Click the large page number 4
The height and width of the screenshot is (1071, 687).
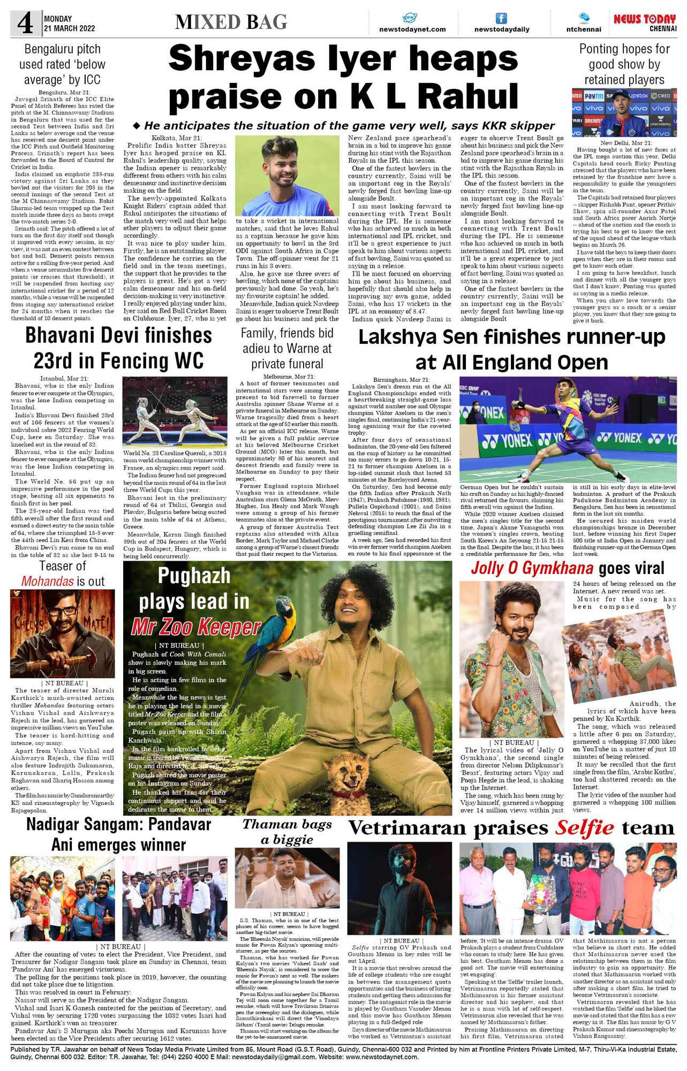25,23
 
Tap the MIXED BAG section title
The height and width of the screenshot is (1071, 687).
231,22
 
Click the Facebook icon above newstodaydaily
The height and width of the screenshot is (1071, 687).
501,18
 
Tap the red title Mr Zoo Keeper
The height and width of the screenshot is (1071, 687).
196,626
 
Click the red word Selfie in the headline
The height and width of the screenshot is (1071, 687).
584,828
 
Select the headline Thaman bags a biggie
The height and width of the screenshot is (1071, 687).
287,832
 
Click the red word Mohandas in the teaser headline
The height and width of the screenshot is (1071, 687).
47,581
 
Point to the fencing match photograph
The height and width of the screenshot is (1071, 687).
175,411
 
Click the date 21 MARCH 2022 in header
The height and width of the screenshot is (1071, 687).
70,28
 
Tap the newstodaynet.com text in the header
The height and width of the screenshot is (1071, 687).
412,29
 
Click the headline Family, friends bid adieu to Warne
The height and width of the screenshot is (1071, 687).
287,348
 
